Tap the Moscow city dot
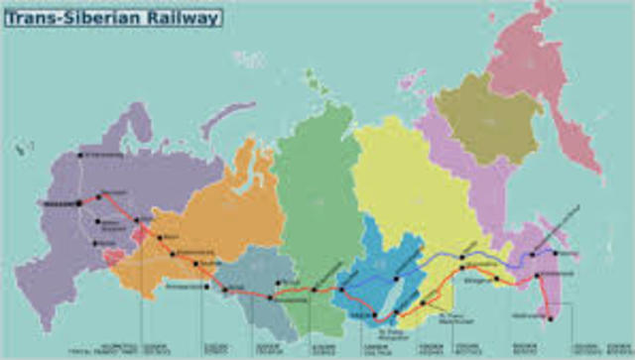79,203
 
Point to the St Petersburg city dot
81,156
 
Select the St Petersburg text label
103,155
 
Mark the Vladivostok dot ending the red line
549,318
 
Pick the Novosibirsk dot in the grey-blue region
270,297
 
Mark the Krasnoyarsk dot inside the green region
316,290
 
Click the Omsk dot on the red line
227,290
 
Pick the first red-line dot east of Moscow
98,196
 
